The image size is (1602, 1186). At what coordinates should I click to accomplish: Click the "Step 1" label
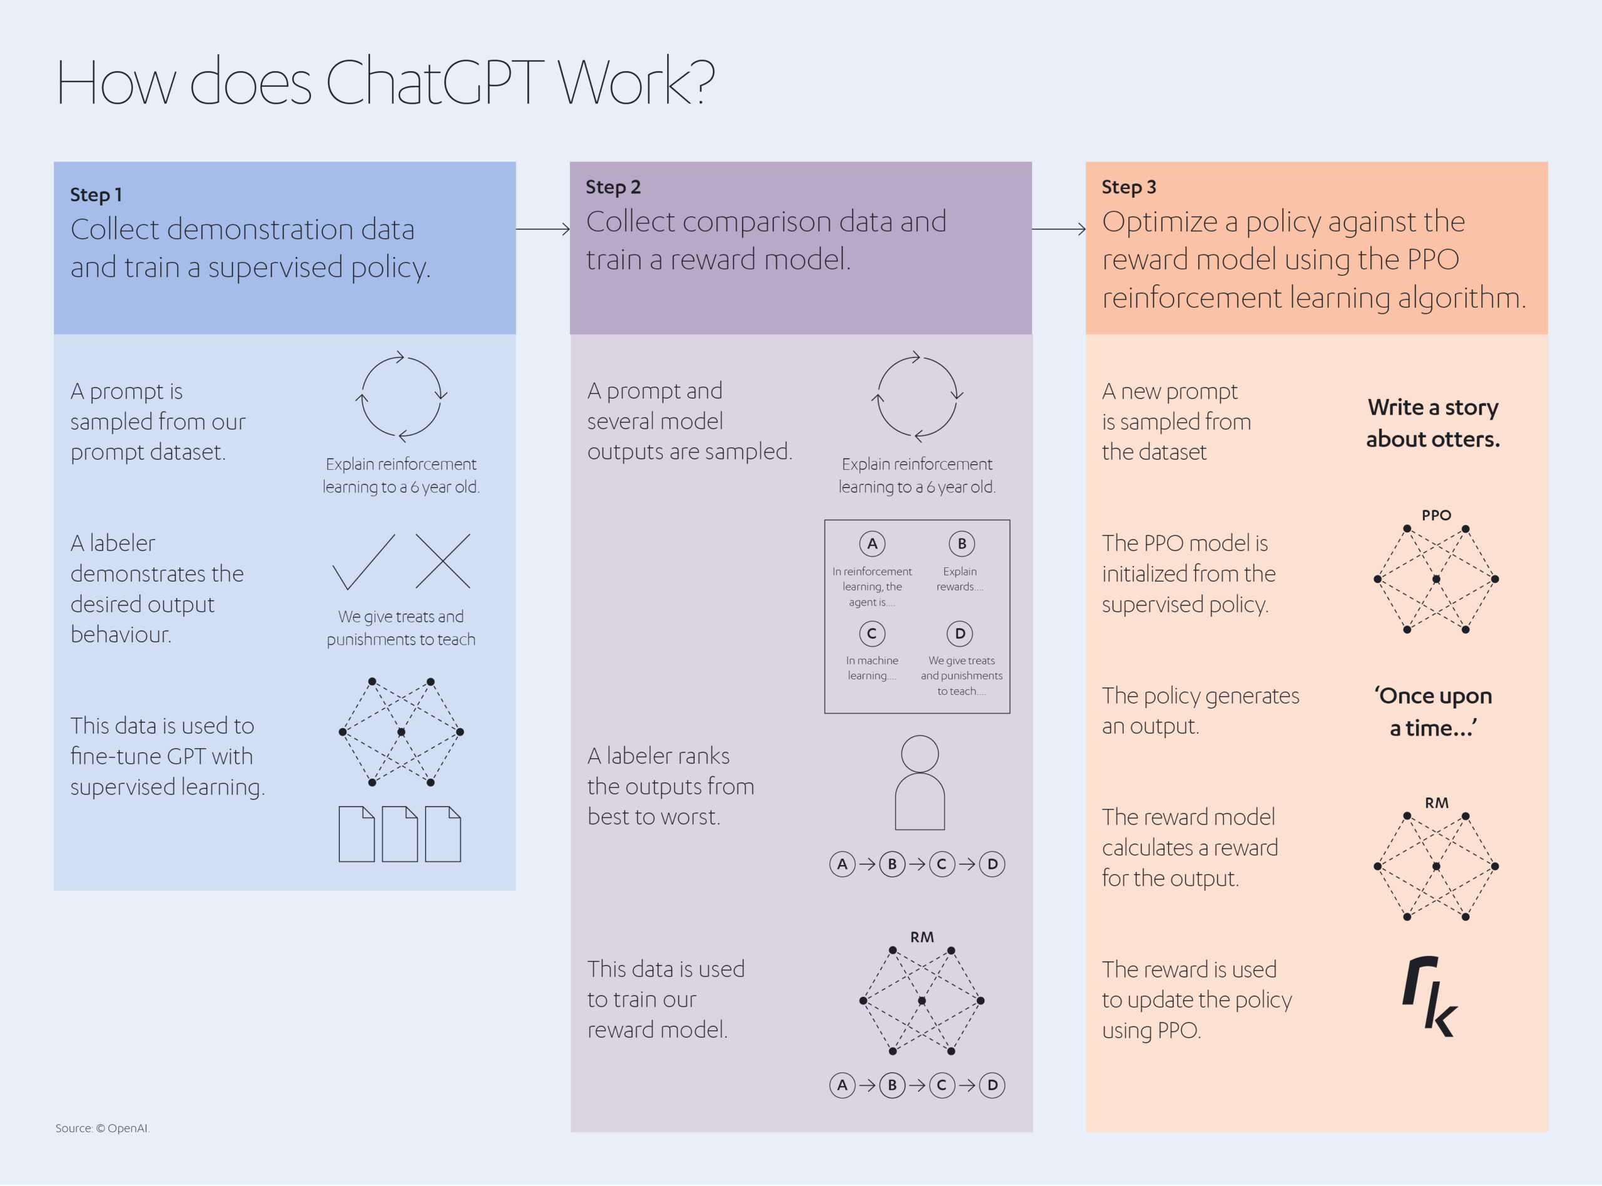[96, 195]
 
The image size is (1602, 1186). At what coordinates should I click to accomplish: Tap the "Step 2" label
[613, 186]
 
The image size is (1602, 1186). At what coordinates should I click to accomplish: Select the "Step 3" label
[1129, 186]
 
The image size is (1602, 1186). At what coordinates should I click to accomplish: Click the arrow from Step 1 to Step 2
[543, 229]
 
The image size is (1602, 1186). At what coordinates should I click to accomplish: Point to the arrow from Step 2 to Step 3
[1058, 229]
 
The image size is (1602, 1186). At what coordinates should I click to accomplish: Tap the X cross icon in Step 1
[442, 560]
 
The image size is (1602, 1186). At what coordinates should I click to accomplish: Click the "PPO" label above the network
[1436, 515]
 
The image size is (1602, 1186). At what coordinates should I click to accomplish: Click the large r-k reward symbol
[1430, 996]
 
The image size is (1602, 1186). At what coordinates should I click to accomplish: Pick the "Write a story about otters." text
[1432, 423]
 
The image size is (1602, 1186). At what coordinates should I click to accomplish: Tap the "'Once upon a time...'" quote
[1432, 711]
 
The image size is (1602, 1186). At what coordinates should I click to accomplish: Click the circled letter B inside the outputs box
[961, 544]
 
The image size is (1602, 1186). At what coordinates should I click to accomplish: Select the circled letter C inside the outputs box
[872, 633]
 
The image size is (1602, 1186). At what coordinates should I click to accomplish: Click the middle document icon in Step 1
[400, 833]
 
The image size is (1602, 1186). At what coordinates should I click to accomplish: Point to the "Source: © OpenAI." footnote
[102, 1128]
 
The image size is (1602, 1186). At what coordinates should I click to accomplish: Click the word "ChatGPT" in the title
[434, 81]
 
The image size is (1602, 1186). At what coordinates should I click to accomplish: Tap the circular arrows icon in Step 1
[401, 395]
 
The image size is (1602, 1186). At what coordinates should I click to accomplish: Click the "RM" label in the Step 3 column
[1436, 803]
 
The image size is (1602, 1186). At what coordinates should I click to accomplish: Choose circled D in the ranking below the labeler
[992, 864]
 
